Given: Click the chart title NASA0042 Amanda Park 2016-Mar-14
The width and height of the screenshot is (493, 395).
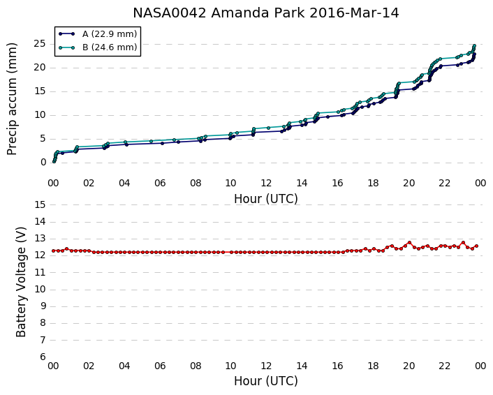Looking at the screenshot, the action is pos(265,13).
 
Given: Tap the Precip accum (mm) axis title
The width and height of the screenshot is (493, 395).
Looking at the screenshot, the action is pos(12,99).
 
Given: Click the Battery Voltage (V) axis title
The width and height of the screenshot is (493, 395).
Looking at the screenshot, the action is pos(21,282).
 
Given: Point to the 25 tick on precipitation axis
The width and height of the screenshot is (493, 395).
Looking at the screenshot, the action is pos(40,44).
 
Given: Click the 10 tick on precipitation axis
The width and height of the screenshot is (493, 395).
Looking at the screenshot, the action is pos(40,114).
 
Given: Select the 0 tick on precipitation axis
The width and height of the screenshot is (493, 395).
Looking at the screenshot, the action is pos(43,162).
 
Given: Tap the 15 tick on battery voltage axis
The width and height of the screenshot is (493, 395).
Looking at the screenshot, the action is pos(40,205).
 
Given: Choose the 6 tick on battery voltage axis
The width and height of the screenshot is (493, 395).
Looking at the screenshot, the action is pos(43,357).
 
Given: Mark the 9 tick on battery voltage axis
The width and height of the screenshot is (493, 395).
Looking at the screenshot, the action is pos(43,306).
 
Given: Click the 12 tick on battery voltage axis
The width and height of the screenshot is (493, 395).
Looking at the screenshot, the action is pos(40,255).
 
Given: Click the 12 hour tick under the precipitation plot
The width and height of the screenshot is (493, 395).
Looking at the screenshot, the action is pos(266,183).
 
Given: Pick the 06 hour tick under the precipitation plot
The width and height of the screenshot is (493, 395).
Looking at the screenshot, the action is pos(160,183).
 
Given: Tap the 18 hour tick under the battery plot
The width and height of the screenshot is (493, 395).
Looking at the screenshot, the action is pos(373,366).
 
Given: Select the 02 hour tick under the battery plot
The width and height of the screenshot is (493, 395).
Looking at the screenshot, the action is pos(89,366).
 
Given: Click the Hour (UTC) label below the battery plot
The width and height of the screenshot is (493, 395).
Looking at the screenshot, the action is pos(265,381).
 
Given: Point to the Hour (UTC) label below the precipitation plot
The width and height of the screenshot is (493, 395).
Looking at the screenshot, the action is pos(265,199).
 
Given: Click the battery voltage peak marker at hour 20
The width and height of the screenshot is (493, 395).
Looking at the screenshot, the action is pos(409,243).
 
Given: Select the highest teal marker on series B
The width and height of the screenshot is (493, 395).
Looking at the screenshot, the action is pos(474,45).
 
